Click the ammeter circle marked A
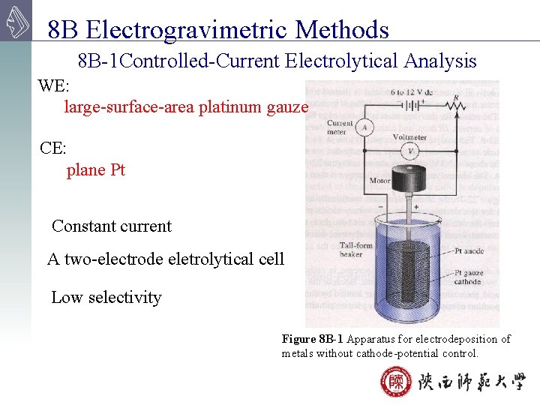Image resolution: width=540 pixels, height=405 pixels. tap(364, 127)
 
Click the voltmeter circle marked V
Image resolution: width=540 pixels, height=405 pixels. tap(410, 151)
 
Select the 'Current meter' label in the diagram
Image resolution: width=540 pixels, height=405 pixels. tap(340, 127)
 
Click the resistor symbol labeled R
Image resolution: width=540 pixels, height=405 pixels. tap(454, 107)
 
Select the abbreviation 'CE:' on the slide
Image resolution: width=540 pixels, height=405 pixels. tap(52, 148)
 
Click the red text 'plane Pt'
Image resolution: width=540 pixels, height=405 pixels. tap(96, 170)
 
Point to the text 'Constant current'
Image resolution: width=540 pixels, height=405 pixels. tap(112, 226)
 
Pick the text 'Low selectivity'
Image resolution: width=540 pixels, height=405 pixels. tap(106, 298)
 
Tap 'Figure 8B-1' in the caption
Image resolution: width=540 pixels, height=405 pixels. tap(313, 339)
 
